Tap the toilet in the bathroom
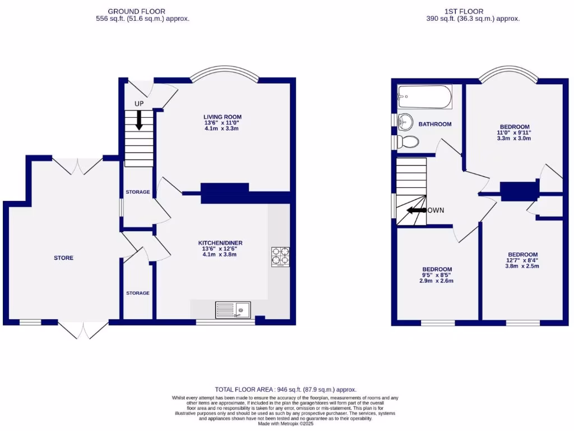click(x=408, y=142)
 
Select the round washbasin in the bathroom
click(x=405, y=122)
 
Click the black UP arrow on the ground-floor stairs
click(x=138, y=120)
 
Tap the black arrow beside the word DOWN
click(x=415, y=210)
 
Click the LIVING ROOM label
click(x=223, y=117)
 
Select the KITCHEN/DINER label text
click(x=223, y=243)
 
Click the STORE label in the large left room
click(x=63, y=258)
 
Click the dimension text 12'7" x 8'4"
click(x=522, y=260)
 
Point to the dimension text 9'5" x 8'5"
click(x=437, y=275)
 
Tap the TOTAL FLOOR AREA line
click(x=286, y=389)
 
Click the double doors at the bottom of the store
click(x=83, y=330)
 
